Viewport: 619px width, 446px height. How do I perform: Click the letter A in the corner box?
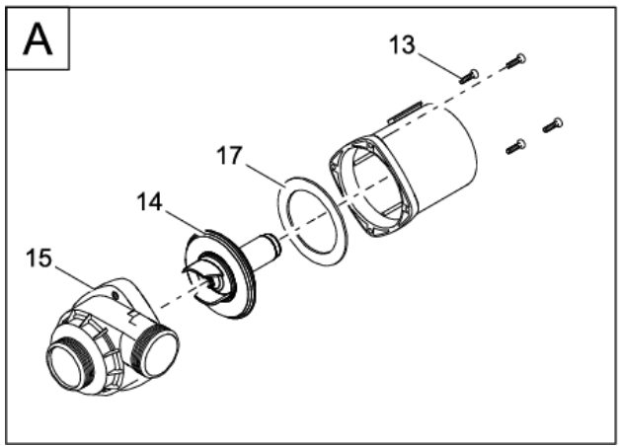point(38,39)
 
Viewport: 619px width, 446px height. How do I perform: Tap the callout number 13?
point(402,44)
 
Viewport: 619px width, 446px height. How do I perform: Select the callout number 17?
point(229,156)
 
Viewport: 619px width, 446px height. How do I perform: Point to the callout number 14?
point(150,202)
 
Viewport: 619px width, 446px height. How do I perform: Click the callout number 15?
point(39,259)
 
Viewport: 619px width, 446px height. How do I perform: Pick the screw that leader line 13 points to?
point(469,76)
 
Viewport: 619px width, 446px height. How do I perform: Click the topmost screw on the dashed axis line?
point(515,61)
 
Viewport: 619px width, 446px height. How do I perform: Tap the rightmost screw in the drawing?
point(553,125)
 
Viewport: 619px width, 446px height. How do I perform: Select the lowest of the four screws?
point(516,146)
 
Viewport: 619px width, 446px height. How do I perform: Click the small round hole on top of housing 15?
point(115,295)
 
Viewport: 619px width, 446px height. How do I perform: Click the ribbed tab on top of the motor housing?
point(405,111)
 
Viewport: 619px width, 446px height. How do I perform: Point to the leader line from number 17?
point(265,176)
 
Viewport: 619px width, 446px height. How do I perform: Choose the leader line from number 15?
point(74,277)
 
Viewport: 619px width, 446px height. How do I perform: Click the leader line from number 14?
point(186,221)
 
